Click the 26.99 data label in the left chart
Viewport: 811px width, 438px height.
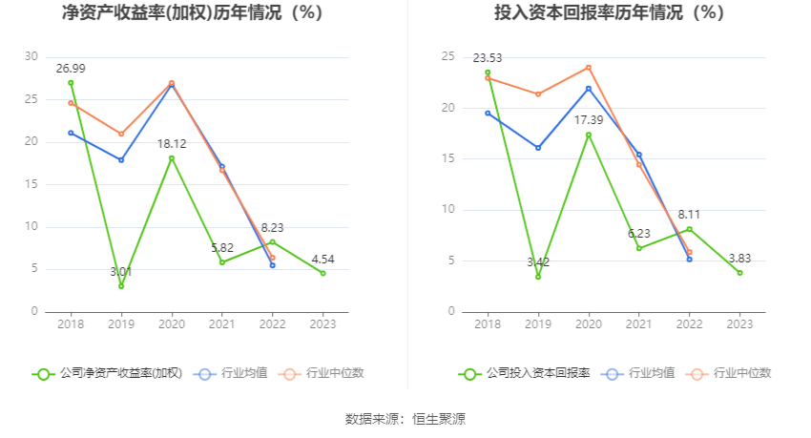pyautogui.click(x=71, y=68)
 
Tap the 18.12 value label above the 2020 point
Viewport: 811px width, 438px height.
pyautogui.click(x=172, y=143)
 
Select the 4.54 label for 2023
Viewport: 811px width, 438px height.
pyautogui.click(x=322, y=259)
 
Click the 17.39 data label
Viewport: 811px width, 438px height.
pyautogui.click(x=588, y=119)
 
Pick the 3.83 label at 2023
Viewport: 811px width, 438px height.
pyautogui.click(x=739, y=258)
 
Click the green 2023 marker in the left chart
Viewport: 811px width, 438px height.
pyautogui.click(x=322, y=273)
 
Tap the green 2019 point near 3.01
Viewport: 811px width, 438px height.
pyautogui.click(x=121, y=286)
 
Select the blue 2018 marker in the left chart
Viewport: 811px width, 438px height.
pyautogui.click(x=71, y=133)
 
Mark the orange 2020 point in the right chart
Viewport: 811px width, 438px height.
pyautogui.click(x=589, y=67)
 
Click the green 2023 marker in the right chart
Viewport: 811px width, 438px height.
pyautogui.click(x=739, y=273)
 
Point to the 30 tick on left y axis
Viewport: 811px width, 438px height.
pyautogui.click(x=32, y=56)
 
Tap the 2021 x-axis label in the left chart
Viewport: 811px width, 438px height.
pyautogui.click(x=221, y=323)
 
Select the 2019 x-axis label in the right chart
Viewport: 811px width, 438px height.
pyautogui.click(x=538, y=323)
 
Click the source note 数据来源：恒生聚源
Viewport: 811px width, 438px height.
pyautogui.click(x=405, y=419)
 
